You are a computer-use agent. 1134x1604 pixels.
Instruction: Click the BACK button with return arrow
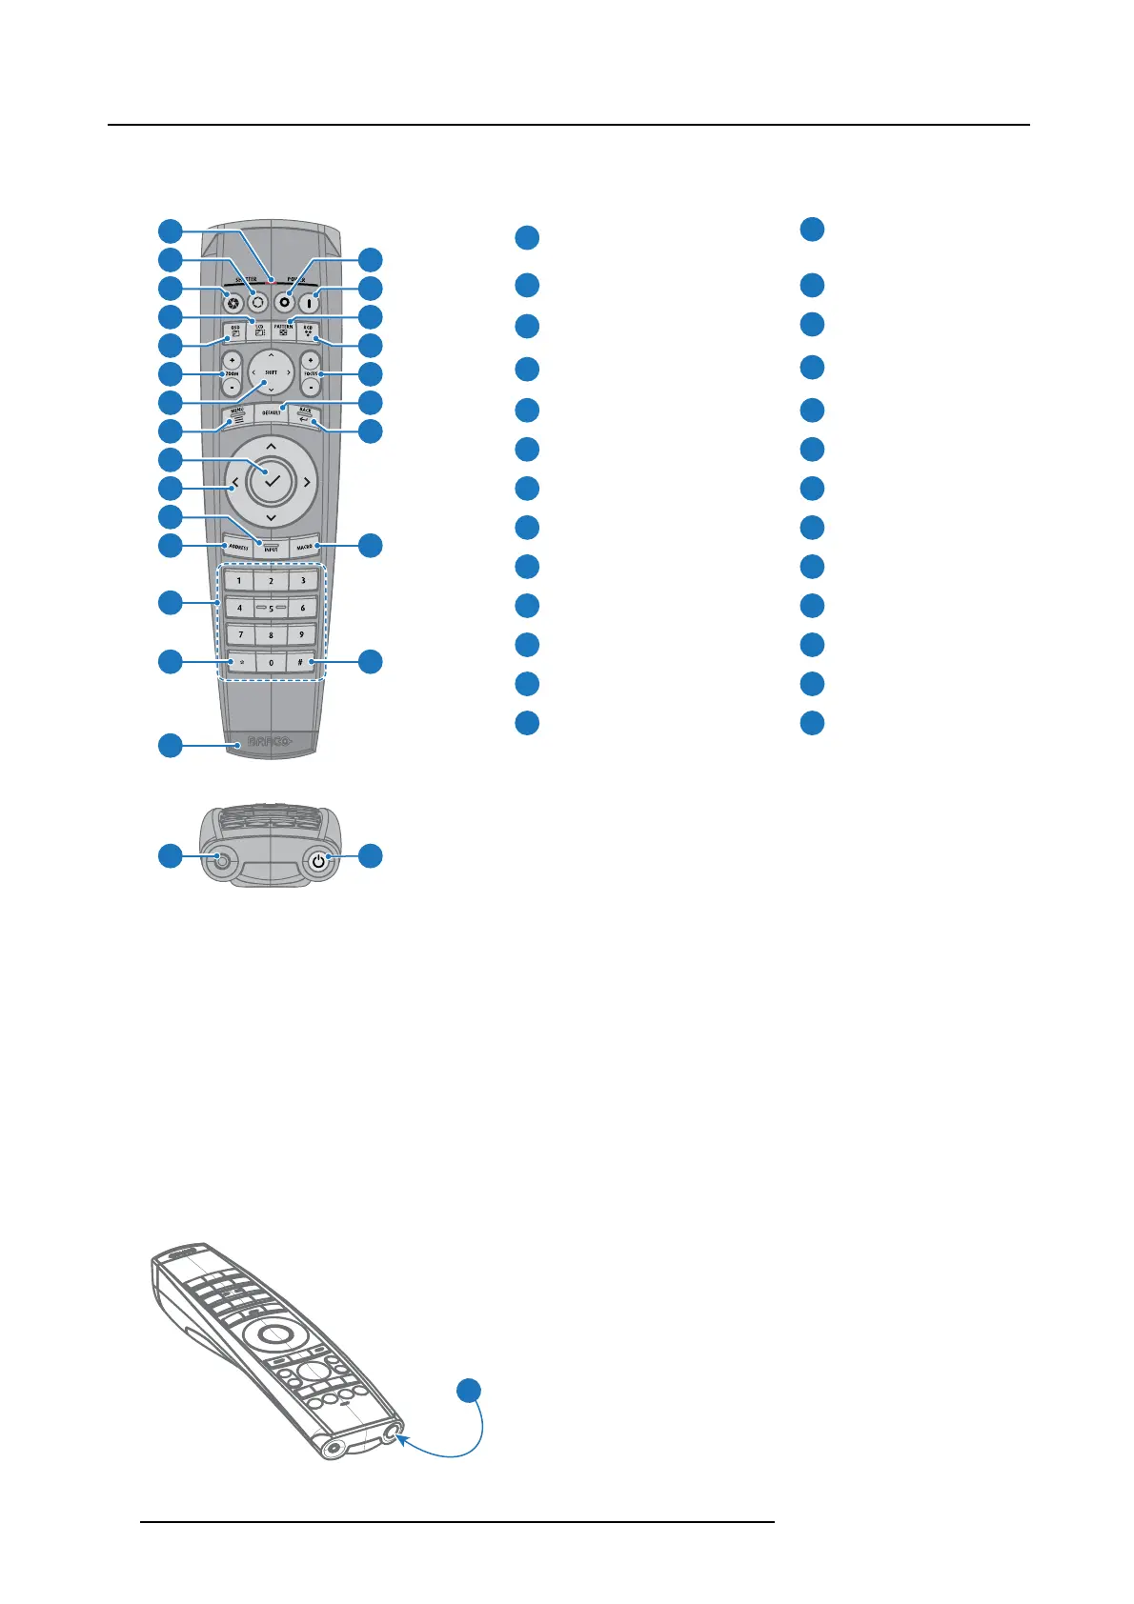(305, 414)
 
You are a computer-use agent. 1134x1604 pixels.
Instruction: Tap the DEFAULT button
(272, 412)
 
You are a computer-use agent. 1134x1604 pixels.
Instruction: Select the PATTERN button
(284, 331)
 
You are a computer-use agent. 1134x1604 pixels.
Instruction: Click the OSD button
(234, 331)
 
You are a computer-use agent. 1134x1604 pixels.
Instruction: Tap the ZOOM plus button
(232, 360)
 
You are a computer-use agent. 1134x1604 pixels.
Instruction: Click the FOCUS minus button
(311, 388)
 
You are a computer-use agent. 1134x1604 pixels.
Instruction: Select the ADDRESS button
(237, 548)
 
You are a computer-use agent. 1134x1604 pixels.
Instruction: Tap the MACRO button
(304, 548)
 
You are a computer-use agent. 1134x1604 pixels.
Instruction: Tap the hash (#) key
(301, 662)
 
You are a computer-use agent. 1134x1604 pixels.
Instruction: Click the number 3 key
(303, 580)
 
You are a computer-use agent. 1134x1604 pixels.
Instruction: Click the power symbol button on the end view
(318, 861)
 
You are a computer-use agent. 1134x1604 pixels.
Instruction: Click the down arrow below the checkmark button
(272, 518)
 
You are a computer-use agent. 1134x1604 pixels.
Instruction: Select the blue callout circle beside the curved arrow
(468, 1391)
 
